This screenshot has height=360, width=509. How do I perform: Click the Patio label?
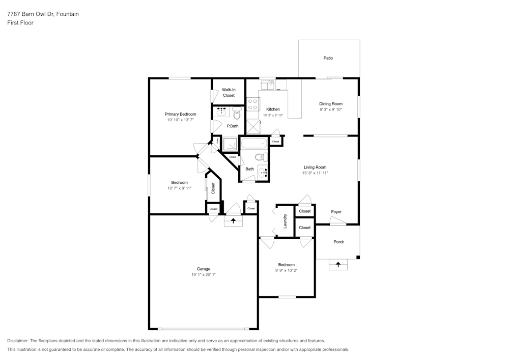(328, 58)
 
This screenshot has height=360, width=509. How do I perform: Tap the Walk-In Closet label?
(229, 92)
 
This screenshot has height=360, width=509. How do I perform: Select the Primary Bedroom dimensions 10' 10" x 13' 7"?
(180, 120)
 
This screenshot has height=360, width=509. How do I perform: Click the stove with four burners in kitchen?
(252, 104)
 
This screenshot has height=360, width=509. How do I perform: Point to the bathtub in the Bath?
(253, 144)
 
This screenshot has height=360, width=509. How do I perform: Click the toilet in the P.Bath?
(237, 113)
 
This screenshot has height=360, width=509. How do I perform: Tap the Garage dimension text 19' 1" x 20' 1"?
(204, 274)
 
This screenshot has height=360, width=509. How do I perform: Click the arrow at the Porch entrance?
(338, 264)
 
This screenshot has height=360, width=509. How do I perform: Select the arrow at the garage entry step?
(234, 220)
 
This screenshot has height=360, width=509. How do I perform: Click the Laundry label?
(285, 220)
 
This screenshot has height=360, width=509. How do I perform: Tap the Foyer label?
(336, 212)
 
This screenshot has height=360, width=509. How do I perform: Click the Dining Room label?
(331, 104)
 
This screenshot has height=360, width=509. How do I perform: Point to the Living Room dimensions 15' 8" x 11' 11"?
(315, 173)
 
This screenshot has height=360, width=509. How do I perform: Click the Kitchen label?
(273, 109)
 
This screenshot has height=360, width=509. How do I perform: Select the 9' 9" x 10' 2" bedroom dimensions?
(286, 270)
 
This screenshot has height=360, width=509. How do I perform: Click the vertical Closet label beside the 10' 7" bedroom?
(213, 188)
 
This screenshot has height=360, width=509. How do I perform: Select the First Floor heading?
(20, 23)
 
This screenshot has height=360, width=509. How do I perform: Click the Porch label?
(338, 242)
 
